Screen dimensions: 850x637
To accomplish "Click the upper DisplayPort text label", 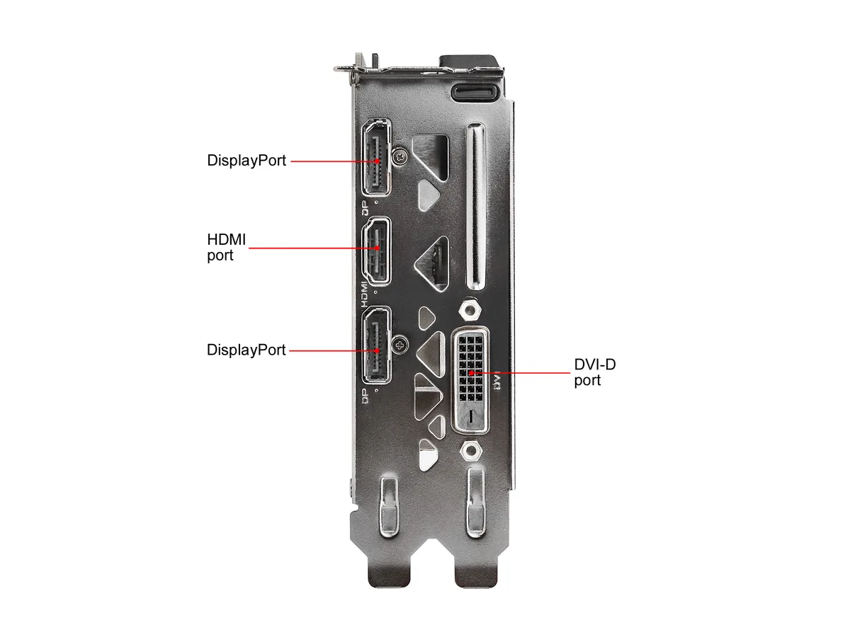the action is pyautogui.click(x=246, y=161).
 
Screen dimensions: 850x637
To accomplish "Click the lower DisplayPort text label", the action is pyautogui.click(x=246, y=350).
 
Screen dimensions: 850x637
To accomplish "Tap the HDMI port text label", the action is pyautogui.click(x=226, y=247).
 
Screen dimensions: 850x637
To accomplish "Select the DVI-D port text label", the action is pyautogui.click(x=595, y=372).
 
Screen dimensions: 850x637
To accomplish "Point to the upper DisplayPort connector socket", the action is pyautogui.click(x=376, y=157).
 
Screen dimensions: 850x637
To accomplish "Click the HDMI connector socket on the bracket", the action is pyautogui.click(x=376, y=251).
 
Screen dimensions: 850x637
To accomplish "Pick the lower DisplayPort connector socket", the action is pyautogui.click(x=376, y=345).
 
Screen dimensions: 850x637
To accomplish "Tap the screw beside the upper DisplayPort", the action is pyautogui.click(x=400, y=156).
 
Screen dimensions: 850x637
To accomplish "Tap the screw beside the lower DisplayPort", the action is pyautogui.click(x=400, y=344).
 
